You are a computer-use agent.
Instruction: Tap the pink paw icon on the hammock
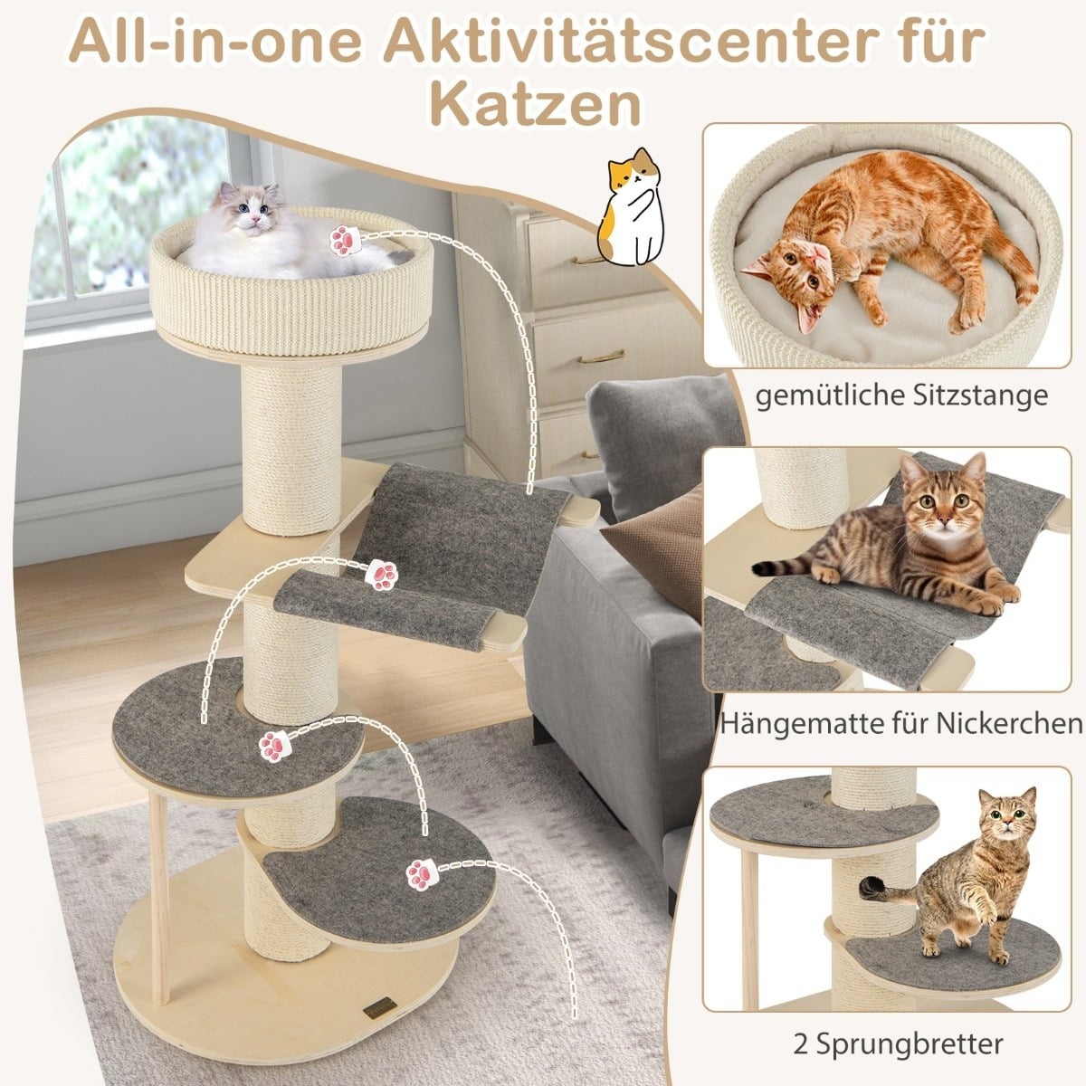click(x=383, y=576)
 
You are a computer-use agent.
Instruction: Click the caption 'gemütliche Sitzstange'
click(x=901, y=396)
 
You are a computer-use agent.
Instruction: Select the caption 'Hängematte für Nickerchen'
click(x=901, y=723)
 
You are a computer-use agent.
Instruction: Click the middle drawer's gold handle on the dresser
click(x=601, y=357)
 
